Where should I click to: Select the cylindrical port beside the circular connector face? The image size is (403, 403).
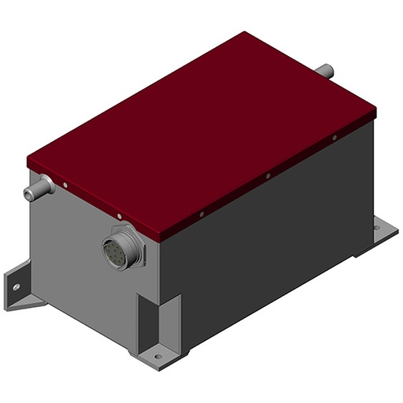point(39,187)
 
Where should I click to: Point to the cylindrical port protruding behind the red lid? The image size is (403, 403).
point(324,71)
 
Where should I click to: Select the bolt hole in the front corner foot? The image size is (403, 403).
point(157,357)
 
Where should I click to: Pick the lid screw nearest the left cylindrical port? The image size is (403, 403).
point(65,187)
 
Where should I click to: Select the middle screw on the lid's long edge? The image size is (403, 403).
point(268,176)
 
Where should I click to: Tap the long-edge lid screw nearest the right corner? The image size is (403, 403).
point(334,138)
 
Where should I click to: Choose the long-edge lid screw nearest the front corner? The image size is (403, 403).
point(202,213)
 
